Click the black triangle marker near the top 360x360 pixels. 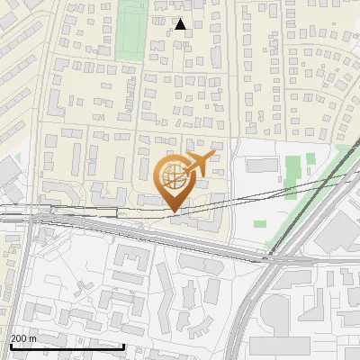[180, 24]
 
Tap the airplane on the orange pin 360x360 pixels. [197, 164]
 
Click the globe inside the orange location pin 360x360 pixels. [174, 176]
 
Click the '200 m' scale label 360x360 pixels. [22, 338]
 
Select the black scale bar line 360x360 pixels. [67, 346]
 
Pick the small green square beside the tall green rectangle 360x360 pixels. [310, 159]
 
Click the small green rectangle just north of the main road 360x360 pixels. [259, 223]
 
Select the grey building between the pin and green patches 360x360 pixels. [262, 165]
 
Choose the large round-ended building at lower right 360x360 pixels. [278, 310]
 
